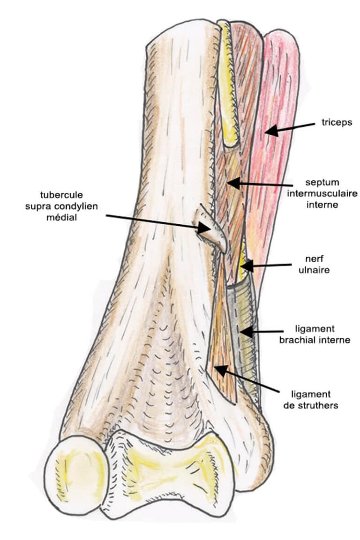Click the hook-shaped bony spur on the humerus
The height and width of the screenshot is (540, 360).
pos(214,229)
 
